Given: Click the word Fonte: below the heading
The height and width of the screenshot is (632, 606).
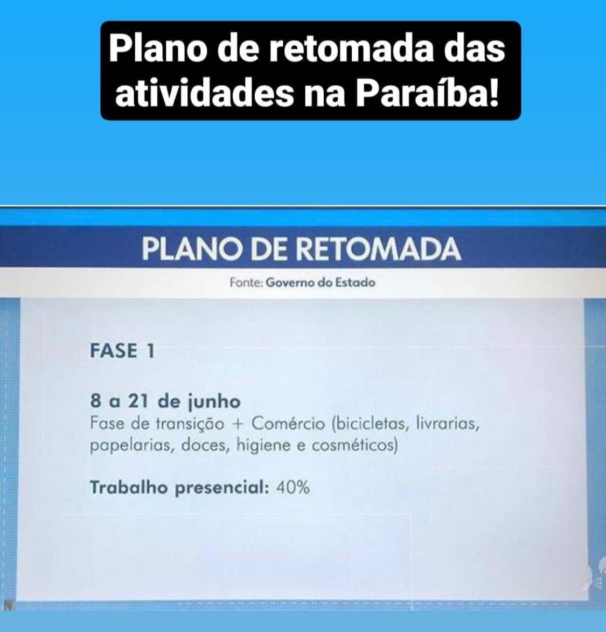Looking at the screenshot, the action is tap(246, 282).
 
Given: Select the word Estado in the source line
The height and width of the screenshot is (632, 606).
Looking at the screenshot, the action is tap(356, 282).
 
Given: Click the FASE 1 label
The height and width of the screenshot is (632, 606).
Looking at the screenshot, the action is tap(122, 351).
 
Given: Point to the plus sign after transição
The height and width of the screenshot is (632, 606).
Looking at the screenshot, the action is tap(238, 424).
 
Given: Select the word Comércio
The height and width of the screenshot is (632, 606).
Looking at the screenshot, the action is tap(288, 423).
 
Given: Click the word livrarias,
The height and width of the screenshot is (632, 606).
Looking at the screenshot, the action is tap(447, 424).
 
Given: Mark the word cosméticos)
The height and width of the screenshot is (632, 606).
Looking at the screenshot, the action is tap(354, 446).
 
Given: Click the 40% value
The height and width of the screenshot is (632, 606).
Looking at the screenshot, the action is tap(293, 488).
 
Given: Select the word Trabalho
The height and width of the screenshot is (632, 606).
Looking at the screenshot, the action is tap(129, 487).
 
